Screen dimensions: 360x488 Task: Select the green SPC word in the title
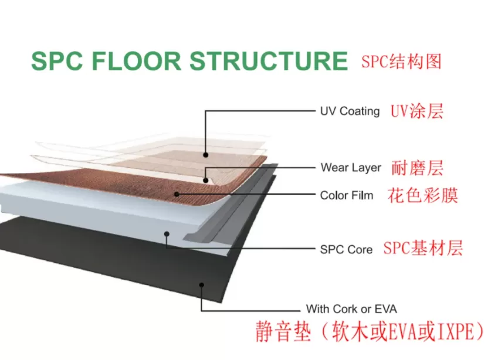click(53, 62)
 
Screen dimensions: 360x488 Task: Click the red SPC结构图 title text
click(401, 62)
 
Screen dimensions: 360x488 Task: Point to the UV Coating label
click(350, 111)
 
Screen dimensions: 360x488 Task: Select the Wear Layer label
click(351, 168)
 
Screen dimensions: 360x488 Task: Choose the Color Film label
click(347, 195)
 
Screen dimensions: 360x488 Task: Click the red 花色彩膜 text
click(423, 195)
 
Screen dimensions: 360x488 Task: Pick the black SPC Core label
click(346, 249)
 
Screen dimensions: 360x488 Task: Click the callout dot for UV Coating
click(206, 155)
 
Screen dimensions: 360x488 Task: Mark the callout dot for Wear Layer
click(206, 179)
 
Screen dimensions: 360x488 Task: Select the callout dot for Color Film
click(176, 193)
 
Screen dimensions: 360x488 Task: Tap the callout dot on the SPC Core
click(167, 234)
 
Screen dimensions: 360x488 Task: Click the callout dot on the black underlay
click(201, 285)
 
